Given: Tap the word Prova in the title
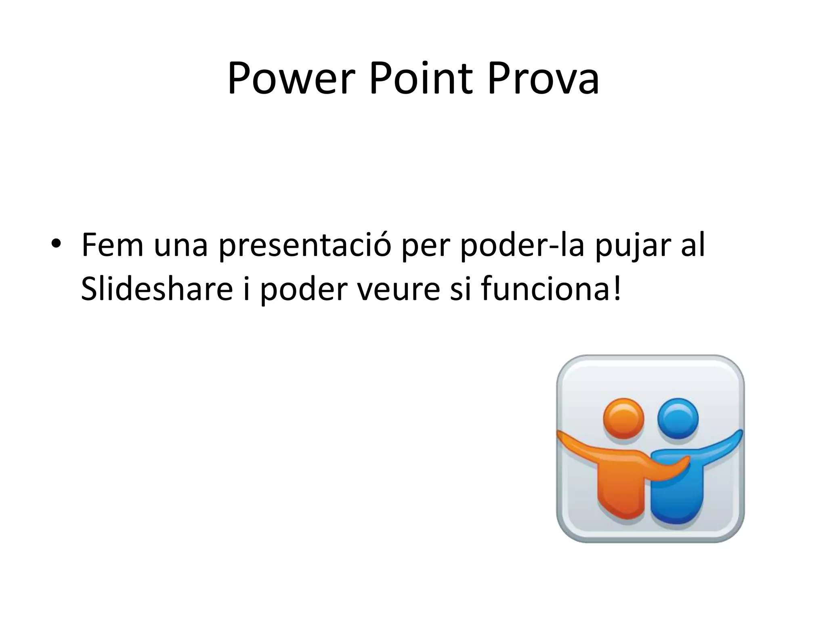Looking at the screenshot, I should click(543, 79).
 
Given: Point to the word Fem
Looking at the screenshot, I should click(112, 245).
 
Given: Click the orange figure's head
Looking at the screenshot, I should click(623, 419).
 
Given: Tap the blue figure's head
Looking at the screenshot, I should click(678, 419).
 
